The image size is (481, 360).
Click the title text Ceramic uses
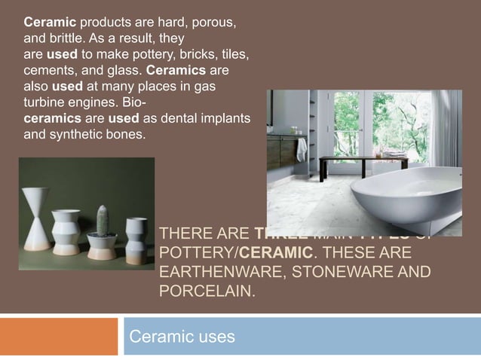(182, 336)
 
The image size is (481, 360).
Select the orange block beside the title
(59, 336)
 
